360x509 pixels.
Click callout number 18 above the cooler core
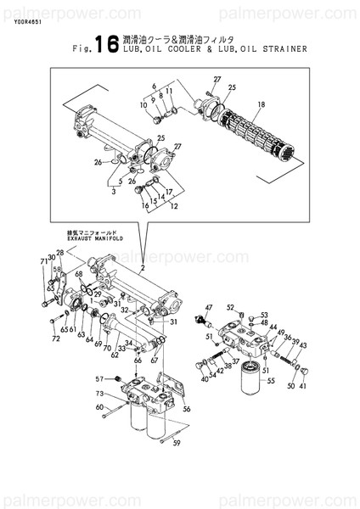[261, 104]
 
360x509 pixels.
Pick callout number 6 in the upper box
[155, 86]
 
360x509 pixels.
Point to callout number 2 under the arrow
[143, 268]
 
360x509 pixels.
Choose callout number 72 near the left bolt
[56, 340]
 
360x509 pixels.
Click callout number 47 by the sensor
[209, 306]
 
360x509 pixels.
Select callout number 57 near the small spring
[98, 378]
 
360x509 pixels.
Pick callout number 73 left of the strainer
[98, 394]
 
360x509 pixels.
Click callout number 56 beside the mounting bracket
[187, 408]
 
